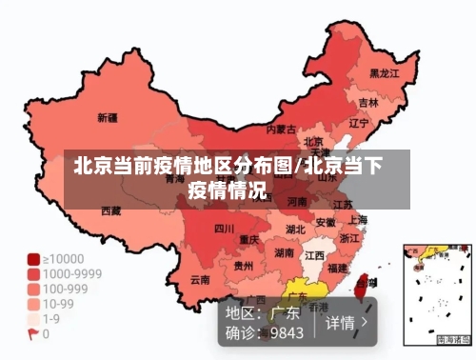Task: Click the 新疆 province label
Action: (108, 119)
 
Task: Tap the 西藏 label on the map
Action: (111, 210)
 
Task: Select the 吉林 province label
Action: (368, 102)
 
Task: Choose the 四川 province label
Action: (224, 229)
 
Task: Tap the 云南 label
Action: (200, 280)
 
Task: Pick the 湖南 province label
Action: (284, 253)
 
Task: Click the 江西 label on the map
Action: (314, 256)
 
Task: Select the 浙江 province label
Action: (350, 238)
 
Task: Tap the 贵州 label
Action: (244, 267)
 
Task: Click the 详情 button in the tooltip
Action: (341, 322)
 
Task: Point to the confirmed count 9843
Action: (286, 332)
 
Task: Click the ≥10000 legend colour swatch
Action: (33, 258)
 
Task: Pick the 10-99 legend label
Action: (60, 304)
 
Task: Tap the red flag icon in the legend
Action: (33, 334)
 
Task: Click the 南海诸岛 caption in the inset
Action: (454, 340)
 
